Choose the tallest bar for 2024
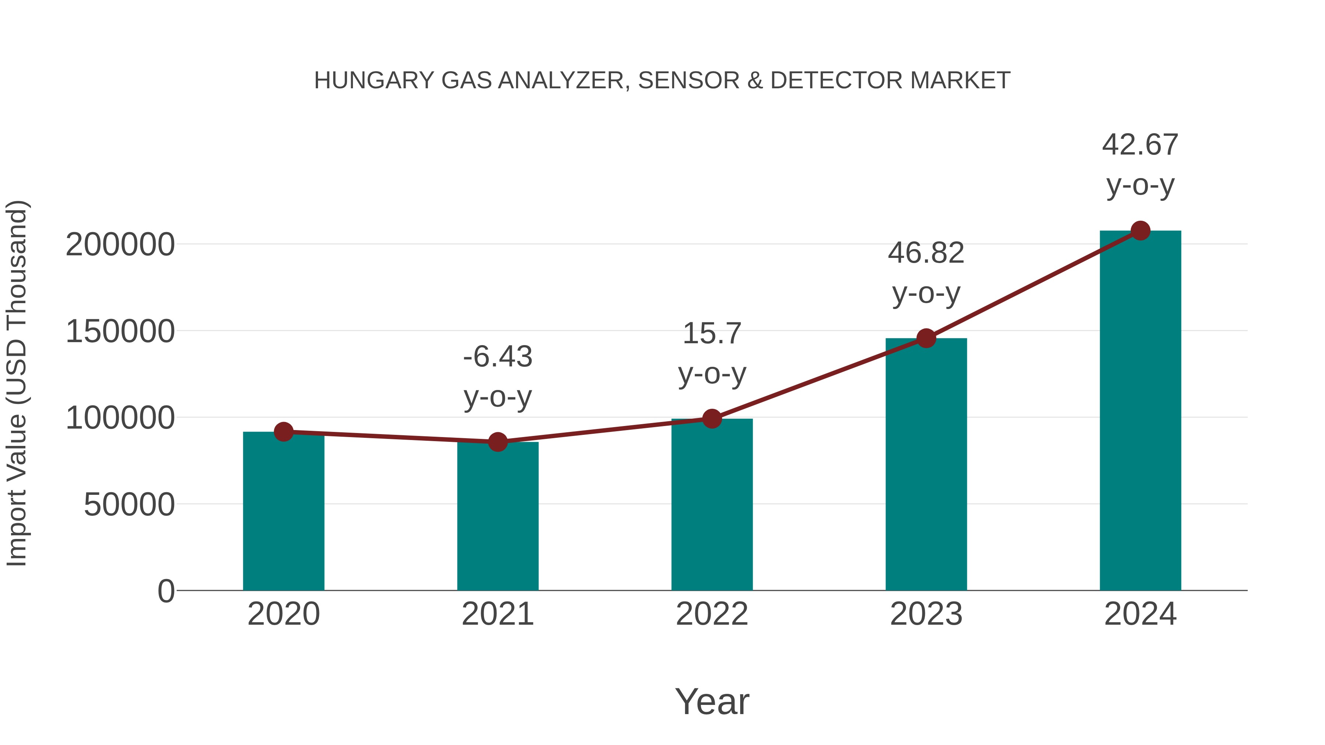click(1140, 411)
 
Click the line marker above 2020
click(283, 432)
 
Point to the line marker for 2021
click(497, 441)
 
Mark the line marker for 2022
click(712, 419)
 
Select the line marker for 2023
click(926, 338)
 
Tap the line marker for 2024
click(1140, 231)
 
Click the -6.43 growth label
click(497, 357)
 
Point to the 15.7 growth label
click(712, 334)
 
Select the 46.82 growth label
click(926, 253)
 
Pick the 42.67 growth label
click(1140, 145)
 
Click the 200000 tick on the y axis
click(120, 245)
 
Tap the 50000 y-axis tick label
click(129, 505)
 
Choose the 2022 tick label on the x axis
click(712, 614)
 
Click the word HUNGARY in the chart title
click(374, 81)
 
